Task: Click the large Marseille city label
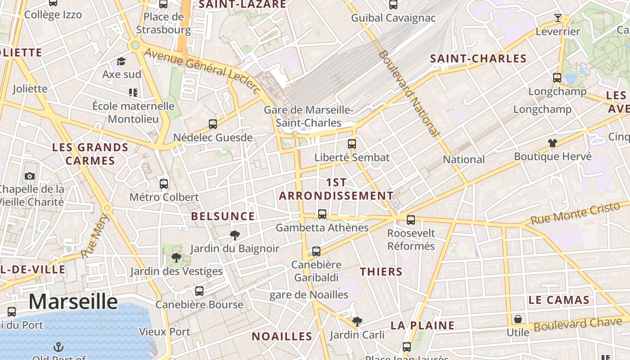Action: coord(73,301)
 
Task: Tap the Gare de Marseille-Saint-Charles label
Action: coord(309,116)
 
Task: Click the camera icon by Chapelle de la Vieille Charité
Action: coord(30,176)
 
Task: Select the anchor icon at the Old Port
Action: coord(58,346)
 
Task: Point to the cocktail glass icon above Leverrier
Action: coord(558,18)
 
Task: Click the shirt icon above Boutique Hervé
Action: coord(553,143)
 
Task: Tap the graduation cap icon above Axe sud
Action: coord(121,61)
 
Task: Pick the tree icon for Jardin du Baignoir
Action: coord(234,235)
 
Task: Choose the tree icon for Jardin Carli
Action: coord(357,321)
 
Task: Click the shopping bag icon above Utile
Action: coord(518,319)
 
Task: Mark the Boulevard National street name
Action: coord(408,93)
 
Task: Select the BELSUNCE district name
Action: coord(223,216)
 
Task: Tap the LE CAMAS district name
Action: coord(559,300)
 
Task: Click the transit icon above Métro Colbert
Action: coord(164,184)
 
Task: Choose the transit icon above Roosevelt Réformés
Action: coord(411,220)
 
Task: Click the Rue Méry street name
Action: coord(95,237)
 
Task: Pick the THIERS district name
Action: coord(381,272)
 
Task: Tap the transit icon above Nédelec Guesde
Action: coord(213,124)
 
